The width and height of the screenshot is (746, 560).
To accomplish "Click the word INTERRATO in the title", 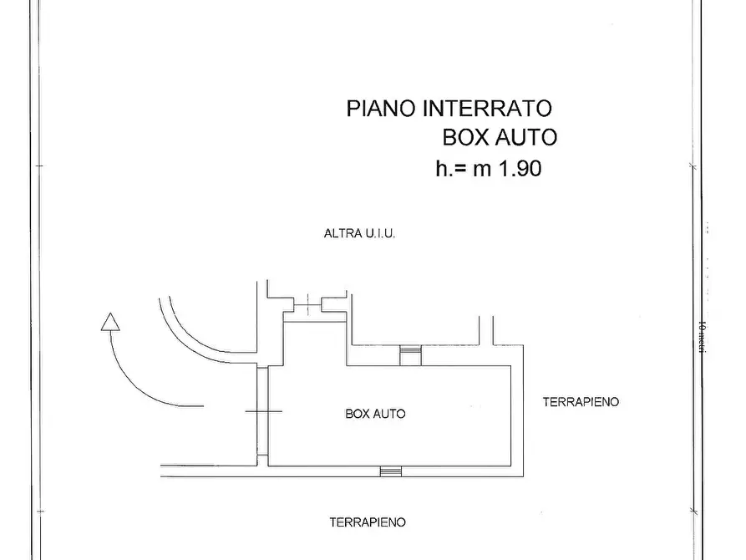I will click(x=488, y=109).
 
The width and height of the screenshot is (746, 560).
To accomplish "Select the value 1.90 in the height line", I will click(x=520, y=168).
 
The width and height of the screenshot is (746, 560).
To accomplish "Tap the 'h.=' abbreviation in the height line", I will click(x=451, y=168).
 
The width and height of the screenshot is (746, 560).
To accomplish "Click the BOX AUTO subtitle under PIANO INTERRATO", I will click(x=499, y=138).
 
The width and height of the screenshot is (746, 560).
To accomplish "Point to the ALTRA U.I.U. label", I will click(x=359, y=234).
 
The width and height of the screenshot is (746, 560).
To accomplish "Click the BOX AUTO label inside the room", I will click(x=375, y=413).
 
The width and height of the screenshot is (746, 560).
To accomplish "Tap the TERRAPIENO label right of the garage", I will click(x=581, y=401).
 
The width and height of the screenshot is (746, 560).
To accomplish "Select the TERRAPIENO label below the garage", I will click(x=368, y=522).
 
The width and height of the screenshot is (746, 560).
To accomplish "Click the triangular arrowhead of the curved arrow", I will click(x=109, y=322).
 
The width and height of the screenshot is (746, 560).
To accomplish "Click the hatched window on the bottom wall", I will click(x=390, y=471).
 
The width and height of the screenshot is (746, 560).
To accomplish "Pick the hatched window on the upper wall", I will click(x=410, y=356).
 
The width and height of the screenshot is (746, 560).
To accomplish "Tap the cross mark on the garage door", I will click(x=263, y=410).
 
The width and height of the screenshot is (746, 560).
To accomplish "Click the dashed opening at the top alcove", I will click(x=307, y=304).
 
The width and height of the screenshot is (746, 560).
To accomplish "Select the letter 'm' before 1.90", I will click(x=482, y=169).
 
